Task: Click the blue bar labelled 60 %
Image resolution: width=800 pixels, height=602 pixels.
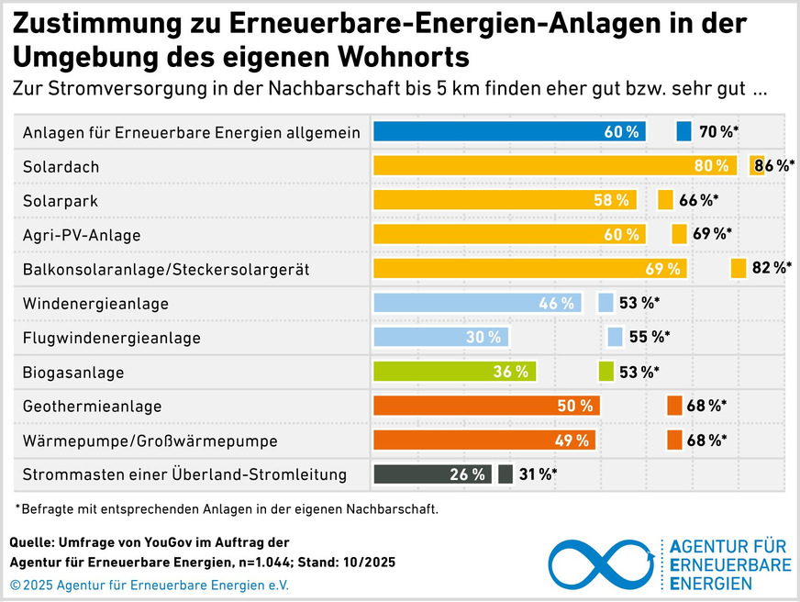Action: [x=509, y=131]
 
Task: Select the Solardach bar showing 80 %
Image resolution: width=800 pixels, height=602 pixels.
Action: [x=555, y=166]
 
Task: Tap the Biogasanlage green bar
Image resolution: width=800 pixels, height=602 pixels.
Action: [x=454, y=372]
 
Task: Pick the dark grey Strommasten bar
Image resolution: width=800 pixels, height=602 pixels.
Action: [x=432, y=474]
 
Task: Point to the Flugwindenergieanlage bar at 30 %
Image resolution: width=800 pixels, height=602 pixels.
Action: [x=440, y=337]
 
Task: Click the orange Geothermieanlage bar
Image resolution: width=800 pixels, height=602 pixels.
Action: [x=486, y=406]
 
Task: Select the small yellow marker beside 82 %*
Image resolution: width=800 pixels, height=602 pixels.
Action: [x=738, y=268]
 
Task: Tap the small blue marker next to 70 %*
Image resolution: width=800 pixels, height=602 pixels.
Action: [x=683, y=131]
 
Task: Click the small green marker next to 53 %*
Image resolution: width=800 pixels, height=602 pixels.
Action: [x=606, y=372]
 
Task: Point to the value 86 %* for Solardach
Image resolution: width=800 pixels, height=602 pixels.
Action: [x=775, y=166]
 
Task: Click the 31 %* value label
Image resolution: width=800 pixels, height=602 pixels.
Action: [x=537, y=474]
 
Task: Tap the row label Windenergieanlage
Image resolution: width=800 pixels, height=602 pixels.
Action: [x=95, y=303]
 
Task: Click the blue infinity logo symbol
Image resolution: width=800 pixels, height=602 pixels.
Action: [x=600, y=563]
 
